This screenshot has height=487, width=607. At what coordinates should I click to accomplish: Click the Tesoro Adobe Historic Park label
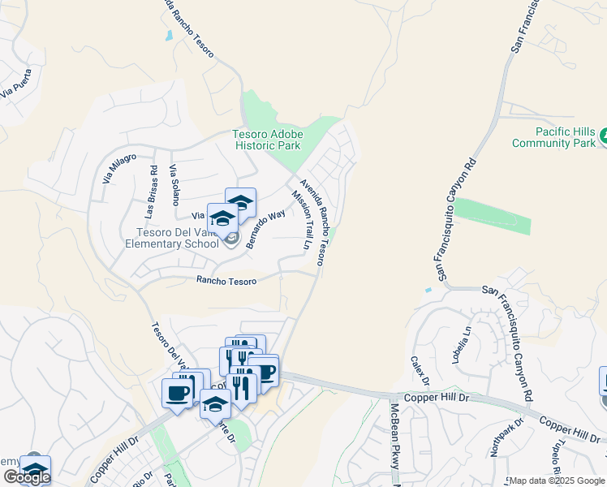(x=268, y=140)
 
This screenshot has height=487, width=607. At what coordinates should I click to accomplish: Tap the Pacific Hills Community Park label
(x=554, y=137)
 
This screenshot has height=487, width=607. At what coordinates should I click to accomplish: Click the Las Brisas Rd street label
(x=151, y=192)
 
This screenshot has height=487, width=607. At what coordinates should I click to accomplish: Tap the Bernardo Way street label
(x=265, y=230)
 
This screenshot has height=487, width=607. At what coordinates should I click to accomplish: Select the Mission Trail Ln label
(x=302, y=220)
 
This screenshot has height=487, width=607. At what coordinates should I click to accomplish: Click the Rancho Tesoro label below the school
(x=226, y=281)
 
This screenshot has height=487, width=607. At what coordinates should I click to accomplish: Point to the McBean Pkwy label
(x=395, y=435)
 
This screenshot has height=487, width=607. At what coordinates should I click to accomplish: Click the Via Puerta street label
(x=17, y=85)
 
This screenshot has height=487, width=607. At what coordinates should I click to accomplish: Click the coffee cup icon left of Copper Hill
(x=177, y=394)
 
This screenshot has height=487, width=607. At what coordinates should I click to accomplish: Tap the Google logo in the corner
(x=27, y=477)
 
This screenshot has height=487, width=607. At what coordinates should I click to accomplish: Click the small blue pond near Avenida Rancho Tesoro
(x=168, y=36)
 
